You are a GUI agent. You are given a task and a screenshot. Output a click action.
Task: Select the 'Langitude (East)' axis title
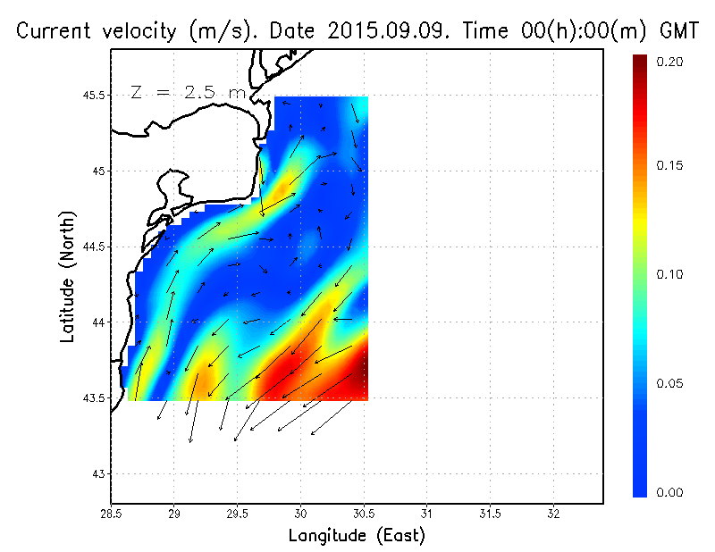point(357,536)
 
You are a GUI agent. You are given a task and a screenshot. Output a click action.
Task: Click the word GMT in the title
point(680,31)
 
